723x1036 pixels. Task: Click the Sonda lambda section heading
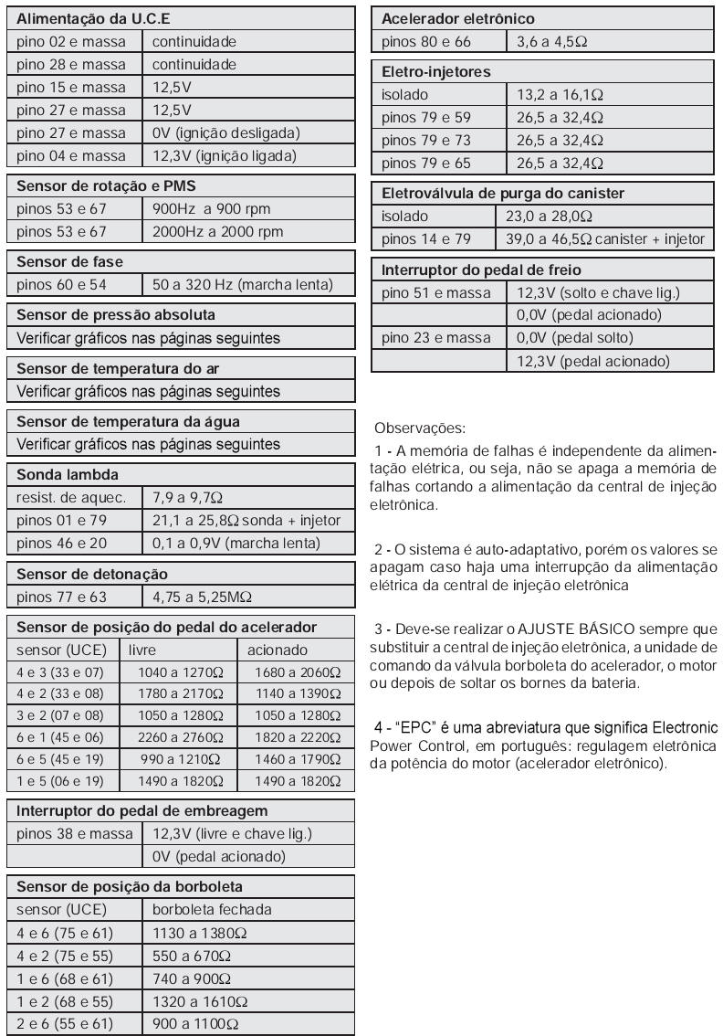coord(68,475)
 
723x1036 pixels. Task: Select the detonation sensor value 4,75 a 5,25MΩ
coord(203,597)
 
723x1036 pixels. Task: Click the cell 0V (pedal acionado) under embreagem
coord(219,857)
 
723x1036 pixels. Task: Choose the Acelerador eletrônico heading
coord(458,18)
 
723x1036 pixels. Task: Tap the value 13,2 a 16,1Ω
coord(561,95)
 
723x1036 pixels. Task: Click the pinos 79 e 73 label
coord(426,141)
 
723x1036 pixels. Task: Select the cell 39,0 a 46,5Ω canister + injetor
coord(605,239)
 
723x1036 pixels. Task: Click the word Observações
coord(420,428)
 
